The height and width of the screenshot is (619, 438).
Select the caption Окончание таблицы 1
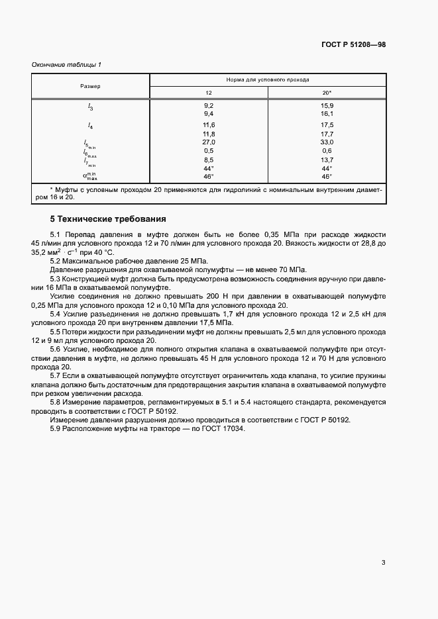click(x=66, y=64)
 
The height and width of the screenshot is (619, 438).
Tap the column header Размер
click(x=91, y=86)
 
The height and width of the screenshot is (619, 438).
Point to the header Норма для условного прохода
click(x=268, y=79)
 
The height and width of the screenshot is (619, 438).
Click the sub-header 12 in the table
click(x=209, y=93)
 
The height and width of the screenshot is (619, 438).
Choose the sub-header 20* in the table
click(x=327, y=93)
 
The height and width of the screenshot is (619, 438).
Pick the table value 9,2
click(x=209, y=105)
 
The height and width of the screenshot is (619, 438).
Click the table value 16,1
click(x=327, y=114)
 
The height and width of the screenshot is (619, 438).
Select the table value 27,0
click(x=209, y=142)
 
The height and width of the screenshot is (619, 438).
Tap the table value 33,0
click(x=327, y=142)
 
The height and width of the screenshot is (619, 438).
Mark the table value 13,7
click(x=327, y=160)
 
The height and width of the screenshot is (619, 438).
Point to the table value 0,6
click(x=327, y=150)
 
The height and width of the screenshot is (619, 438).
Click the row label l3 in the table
click(x=91, y=107)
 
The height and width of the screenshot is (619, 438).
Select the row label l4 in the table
click(x=91, y=124)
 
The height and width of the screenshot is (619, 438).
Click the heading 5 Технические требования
click(x=108, y=218)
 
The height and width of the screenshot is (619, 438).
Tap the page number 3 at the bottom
click(x=383, y=563)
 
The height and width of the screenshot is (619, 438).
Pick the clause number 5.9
click(x=56, y=429)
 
